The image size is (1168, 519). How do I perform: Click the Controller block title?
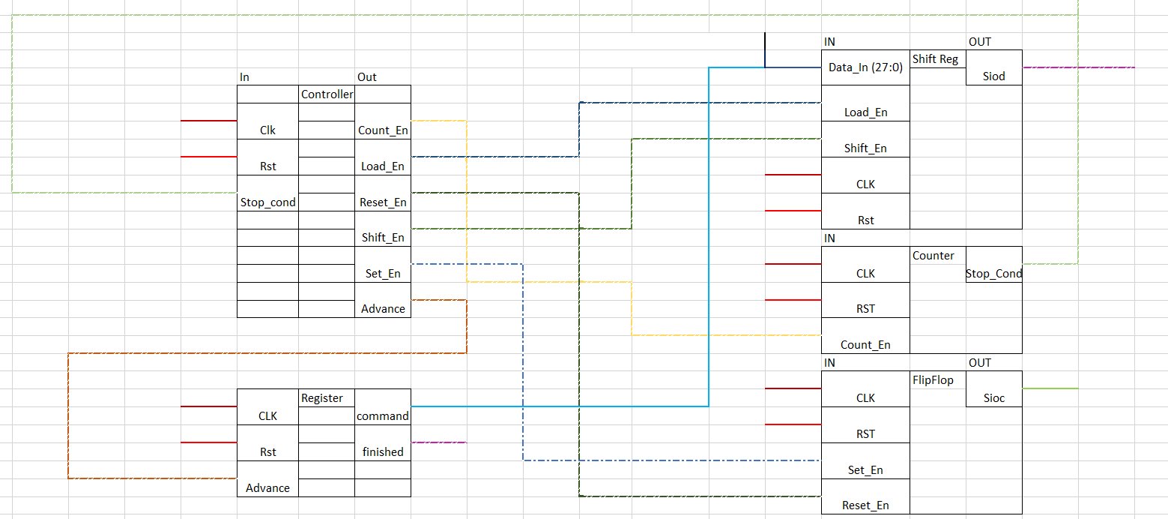point(327,94)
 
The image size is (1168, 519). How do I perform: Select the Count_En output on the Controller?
point(383,130)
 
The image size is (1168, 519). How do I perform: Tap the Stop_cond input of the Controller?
point(267,202)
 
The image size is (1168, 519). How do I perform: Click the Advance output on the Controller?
point(383,309)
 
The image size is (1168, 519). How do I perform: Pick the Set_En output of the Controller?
point(383,274)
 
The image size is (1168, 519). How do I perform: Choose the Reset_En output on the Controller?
point(383,202)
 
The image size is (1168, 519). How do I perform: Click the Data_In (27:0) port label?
point(865,67)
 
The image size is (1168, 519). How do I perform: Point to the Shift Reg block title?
point(935,59)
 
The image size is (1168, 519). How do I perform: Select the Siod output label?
point(993,76)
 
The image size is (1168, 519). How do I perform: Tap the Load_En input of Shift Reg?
point(865,112)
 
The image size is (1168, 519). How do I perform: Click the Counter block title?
point(934,256)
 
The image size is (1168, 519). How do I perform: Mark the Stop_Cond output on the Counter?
point(993,274)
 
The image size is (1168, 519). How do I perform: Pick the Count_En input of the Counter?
point(865,345)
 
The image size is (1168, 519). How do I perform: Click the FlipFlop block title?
point(934,380)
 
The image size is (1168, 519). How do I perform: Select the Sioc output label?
point(993,398)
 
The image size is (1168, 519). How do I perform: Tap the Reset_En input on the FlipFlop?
point(865,505)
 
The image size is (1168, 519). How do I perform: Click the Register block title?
point(322,398)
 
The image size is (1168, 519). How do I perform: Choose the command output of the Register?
point(383,416)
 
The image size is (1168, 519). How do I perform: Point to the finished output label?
point(383,452)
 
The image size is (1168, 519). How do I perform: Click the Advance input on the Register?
point(267,488)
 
